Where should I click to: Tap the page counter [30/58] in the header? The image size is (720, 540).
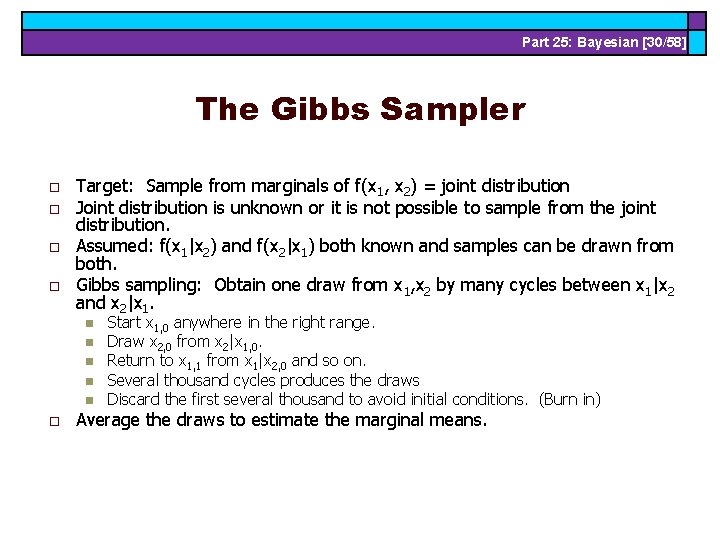[660, 42]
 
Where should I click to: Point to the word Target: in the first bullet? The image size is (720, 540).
[108, 186]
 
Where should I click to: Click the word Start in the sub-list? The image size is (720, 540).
[124, 322]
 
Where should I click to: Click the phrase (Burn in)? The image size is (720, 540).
[570, 399]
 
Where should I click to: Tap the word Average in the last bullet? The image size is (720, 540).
[109, 420]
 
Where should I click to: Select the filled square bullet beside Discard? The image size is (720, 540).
[88, 400]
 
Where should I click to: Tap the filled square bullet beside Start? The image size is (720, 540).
[88, 323]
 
